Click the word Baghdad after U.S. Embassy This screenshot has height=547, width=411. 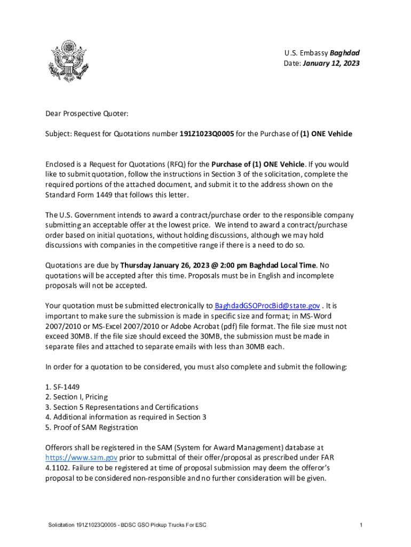tap(345, 53)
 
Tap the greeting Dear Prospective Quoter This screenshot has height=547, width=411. tap(87, 113)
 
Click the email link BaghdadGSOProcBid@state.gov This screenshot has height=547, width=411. tap(267, 306)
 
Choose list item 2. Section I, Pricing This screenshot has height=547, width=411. tap(76, 396)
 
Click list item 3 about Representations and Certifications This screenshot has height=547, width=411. tap(122, 407)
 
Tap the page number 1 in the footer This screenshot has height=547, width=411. tap(361, 526)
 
